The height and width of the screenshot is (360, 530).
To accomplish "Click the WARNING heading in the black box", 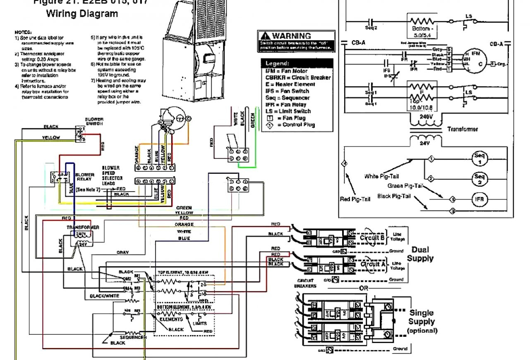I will tap(291, 36).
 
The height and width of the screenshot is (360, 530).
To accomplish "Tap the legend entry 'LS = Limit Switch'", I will tap(288, 111).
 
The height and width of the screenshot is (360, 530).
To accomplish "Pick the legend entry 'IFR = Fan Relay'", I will tap(286, 105).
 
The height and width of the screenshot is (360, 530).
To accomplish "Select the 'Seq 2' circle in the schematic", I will tap(480, 179).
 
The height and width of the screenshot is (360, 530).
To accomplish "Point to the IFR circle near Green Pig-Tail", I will tap(480, 199).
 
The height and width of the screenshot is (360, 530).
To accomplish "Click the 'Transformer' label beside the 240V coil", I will tap(463, 129).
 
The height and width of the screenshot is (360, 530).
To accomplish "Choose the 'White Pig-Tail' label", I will tap(381, 177).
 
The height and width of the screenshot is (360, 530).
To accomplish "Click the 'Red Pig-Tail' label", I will tap(355, 199).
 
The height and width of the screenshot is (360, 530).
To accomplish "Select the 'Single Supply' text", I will tap(422, 317).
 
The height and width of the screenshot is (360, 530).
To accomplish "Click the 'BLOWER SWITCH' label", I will tap(94, 121).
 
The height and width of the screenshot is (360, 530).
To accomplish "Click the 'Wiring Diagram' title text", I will tap(82, 14).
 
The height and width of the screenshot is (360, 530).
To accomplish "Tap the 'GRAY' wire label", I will tap(122, 252).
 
